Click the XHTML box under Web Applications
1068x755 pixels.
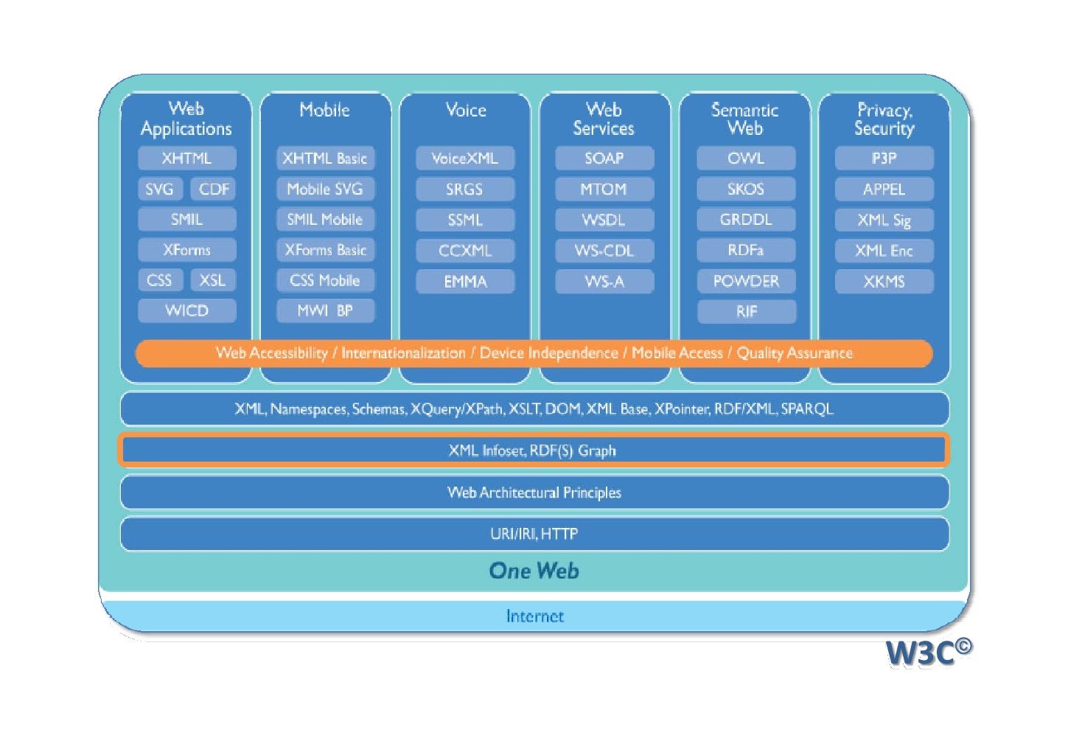pyautogui.click(x=186, y=159)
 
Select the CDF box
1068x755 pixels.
pyautogui.click(x=214, y=189)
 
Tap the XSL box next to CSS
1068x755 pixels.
pyautogui.click(x=212, y=280)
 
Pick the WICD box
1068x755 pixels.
pyautogui.click(x=186, y=310)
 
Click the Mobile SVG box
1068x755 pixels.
pyautogui.click(x=325, y=189)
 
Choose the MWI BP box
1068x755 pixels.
pyautogui.click(x=325, y=310)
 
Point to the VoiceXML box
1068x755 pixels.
pyautogui.click(x=464, y=159)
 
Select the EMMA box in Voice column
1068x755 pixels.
pyautogui.click(x=464, y=281)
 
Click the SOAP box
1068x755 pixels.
pyautogui.click(x=604, y=159)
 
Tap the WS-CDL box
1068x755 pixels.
pyautogui.click(x=604, y=251)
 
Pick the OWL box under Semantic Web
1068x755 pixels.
pyautogui.click(x=746, y=159)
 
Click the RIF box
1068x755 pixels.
pyautogui.click(x=746, y=311)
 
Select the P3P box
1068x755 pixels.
pyautogui.click(x=884, y=159)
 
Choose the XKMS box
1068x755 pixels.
pyautogui.click(x=884, y=281)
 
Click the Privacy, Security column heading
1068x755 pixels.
pyautogui.click(x=884, y=119)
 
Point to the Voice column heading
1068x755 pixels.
pyautogui.click(x=465, y=111)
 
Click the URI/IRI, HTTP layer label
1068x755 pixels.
pyautogui.click(x=534, y=534)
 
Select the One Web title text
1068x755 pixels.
pyautogui.click(x=534, y=571)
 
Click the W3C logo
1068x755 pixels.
pyautogui.click(x=927, y=652)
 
